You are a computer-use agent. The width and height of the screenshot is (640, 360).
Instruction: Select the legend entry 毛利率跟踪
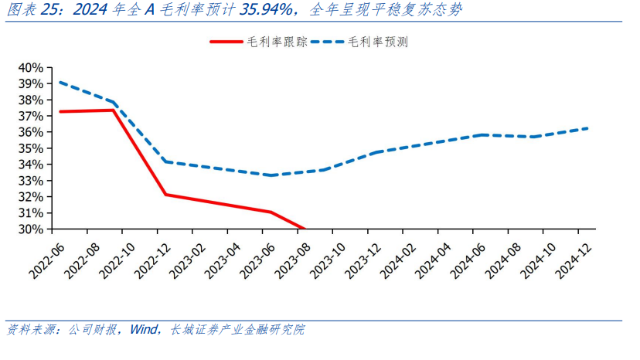pos(281,42)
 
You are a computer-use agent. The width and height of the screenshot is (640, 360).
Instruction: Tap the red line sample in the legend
pos(230,42)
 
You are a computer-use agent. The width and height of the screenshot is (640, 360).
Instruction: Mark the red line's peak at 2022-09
pos(114,110)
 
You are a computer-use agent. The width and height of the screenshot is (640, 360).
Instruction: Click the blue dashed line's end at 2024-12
pos(587,128)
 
